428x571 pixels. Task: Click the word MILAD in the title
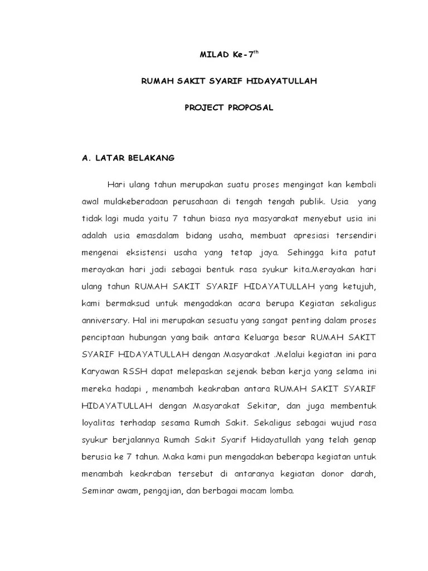211,55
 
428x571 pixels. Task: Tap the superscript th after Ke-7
256,51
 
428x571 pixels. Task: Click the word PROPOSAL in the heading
250,108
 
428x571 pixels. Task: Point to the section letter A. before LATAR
85,158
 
